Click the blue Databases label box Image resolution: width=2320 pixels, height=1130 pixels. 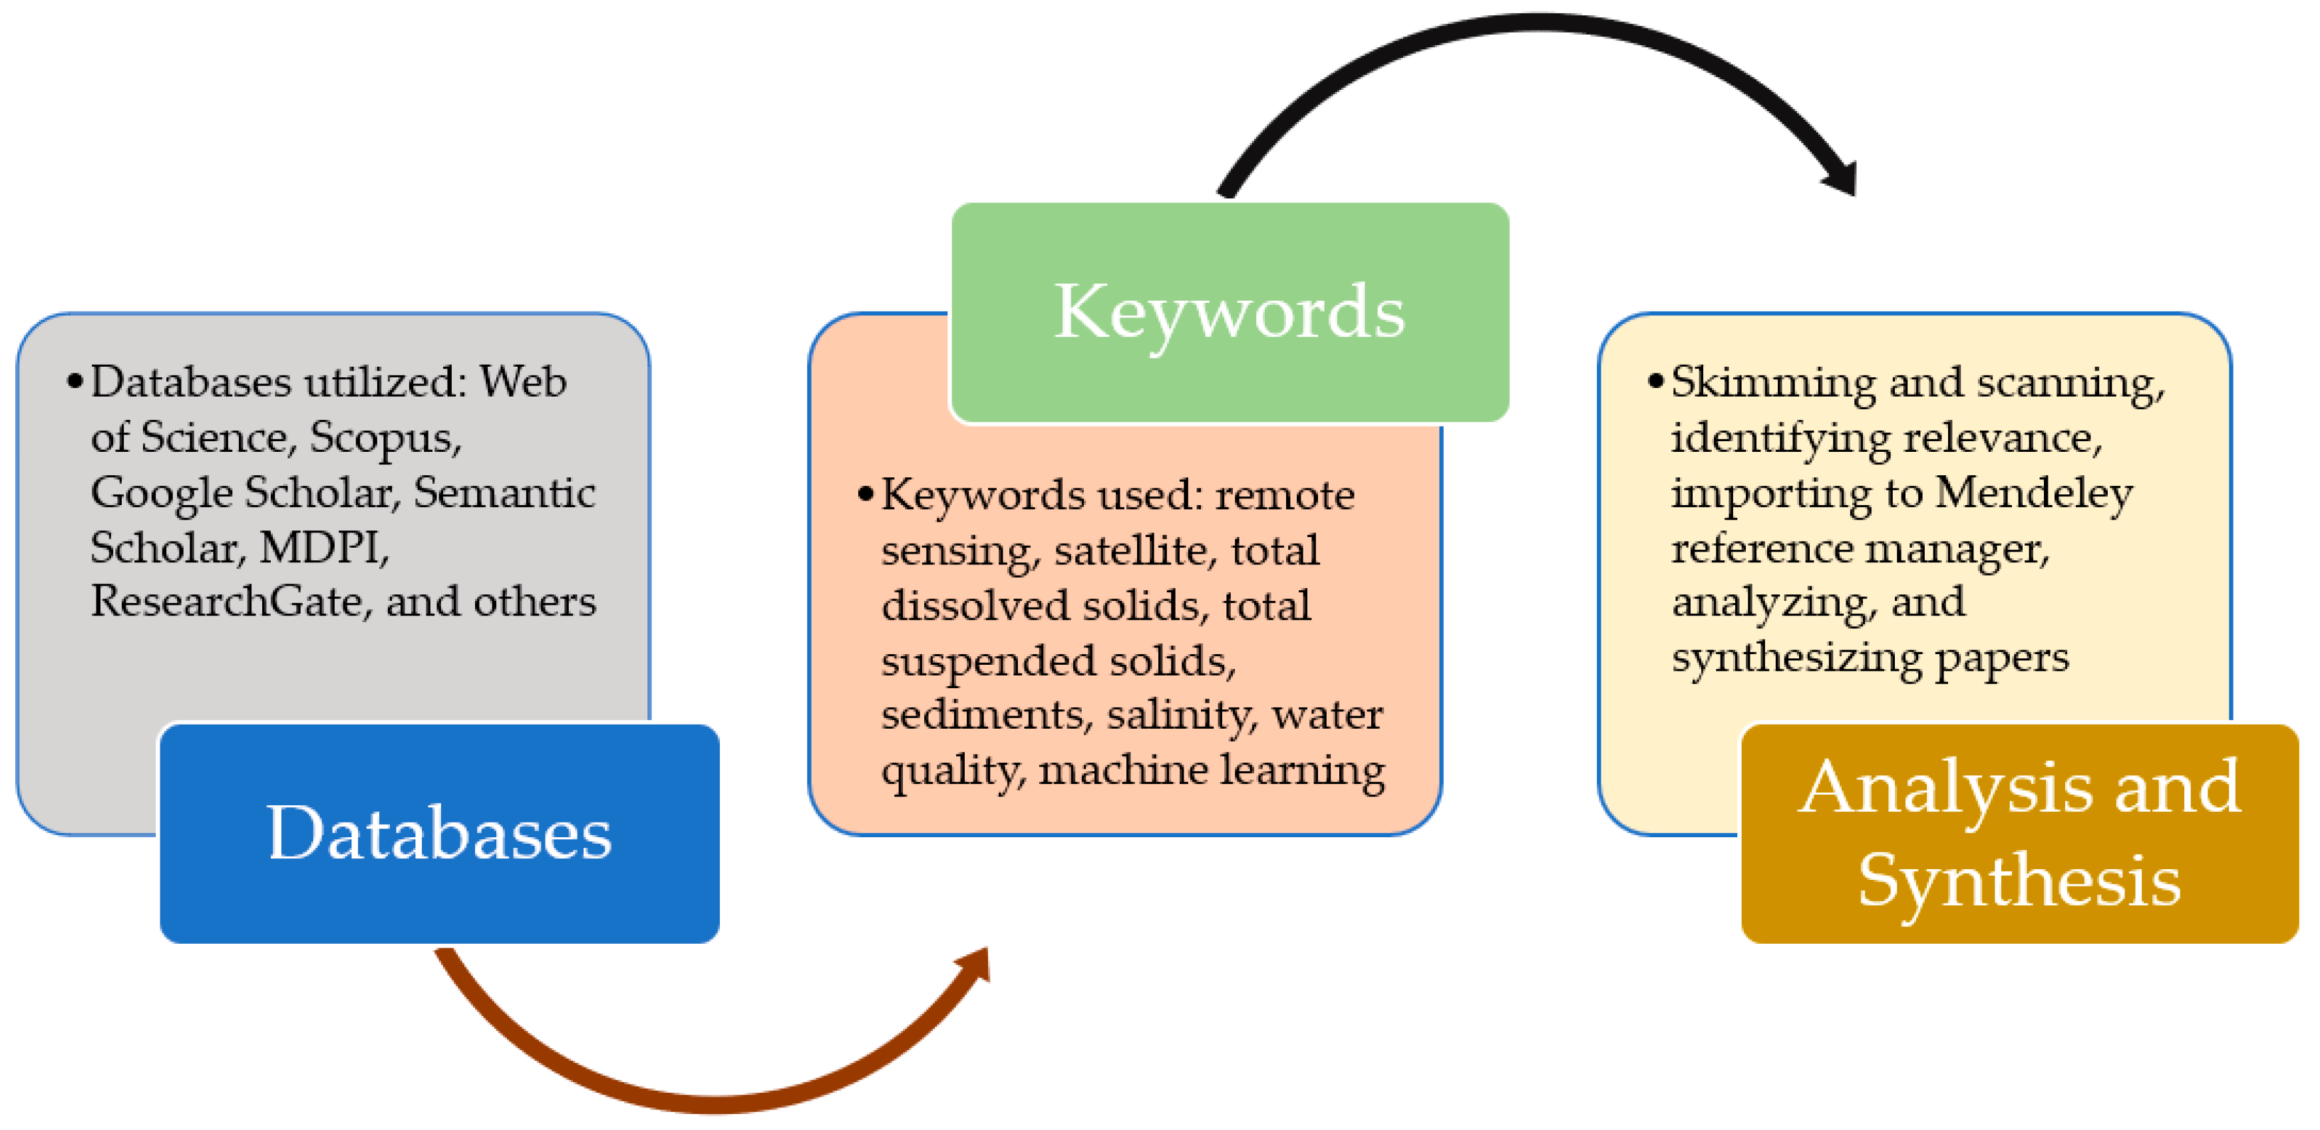pyautogui.click(x=440, y=834)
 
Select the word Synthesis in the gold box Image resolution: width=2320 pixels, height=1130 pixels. pyautogui.click(x=2019, y=881)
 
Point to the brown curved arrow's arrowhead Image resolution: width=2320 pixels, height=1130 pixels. pyautogui.click(x=977, y=966)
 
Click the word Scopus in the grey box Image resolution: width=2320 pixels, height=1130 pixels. pyautogui.click(x=385, y=438)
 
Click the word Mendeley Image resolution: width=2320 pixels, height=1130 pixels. pyautogui.click(x=2034, y=493)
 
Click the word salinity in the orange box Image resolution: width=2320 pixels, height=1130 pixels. pyautogui.click(x=1180, y=715)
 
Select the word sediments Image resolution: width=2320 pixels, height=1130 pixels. pyautogui.click(x=986, y=715)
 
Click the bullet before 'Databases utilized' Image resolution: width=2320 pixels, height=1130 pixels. pyautogui.click(x=75, y=382)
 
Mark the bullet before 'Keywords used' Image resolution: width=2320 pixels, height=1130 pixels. pyautogui.click(x=866, y=494)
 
